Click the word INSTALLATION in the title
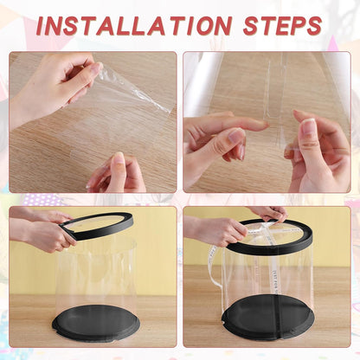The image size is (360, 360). click(x=134, y=26)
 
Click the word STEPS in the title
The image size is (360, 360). click(x=283, y=26)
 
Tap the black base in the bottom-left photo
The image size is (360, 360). click(x=96, y=323)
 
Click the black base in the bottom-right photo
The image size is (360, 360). click(x=267, y=318)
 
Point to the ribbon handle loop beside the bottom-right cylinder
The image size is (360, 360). click(x=214, y=267)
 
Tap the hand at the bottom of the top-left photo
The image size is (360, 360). click(x=117, y=174)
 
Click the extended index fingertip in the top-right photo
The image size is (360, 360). click(x=263, y=124)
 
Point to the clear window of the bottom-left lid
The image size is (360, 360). click(x=96, y=222)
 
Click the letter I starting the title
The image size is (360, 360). click(x=42, y=26)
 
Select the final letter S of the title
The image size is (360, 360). click(x=313, y=26)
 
